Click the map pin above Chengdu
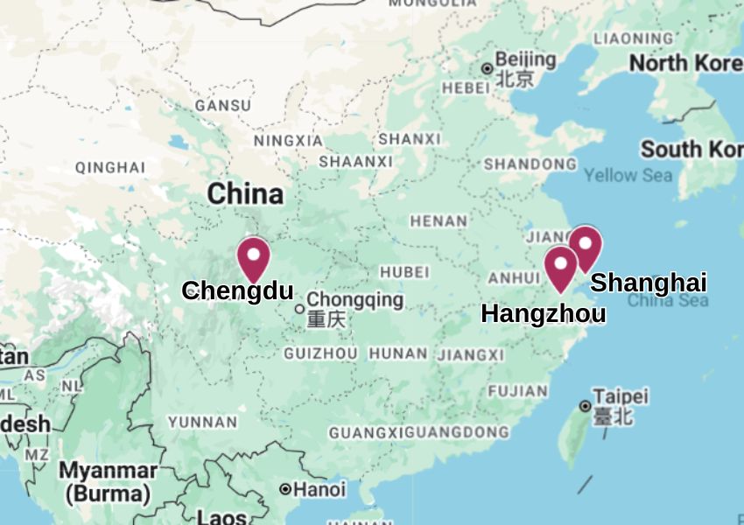pos(254,257)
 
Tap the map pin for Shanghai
pos(585,246)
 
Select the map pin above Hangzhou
pos(560,266)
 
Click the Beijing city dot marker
pos(488,68)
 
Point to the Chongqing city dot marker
pos(299,308)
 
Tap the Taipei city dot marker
pos(585,405)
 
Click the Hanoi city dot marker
pos(285,489)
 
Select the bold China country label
pos(245,193)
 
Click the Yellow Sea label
pos(628,175)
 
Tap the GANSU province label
pos(222,105)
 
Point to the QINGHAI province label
pos(110,167)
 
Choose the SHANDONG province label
pos(530,164)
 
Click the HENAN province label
pos(439,221)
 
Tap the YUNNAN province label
pos(202,422)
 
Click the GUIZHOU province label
pos(320,353)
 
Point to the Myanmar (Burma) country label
pos(109,482)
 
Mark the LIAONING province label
pos(633,38)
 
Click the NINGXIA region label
pos(288,140)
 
